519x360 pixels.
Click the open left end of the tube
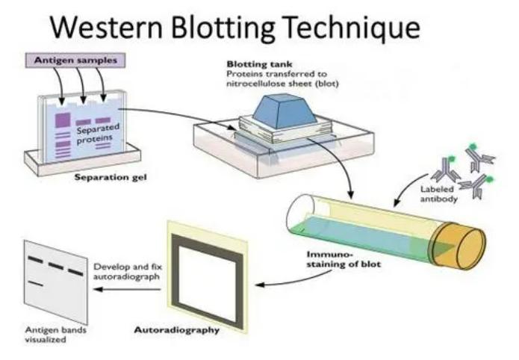(299, 210)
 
